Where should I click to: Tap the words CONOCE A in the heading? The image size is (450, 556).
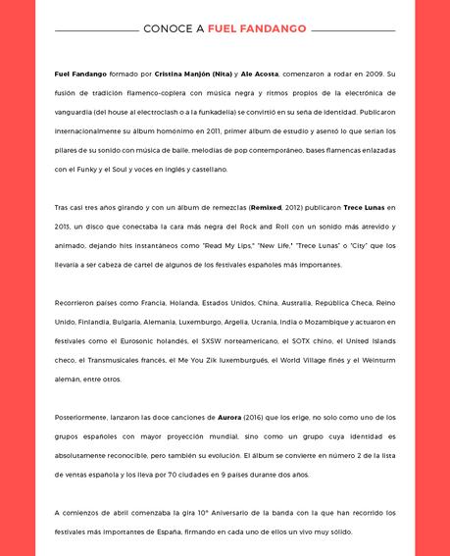coord(174,29)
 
